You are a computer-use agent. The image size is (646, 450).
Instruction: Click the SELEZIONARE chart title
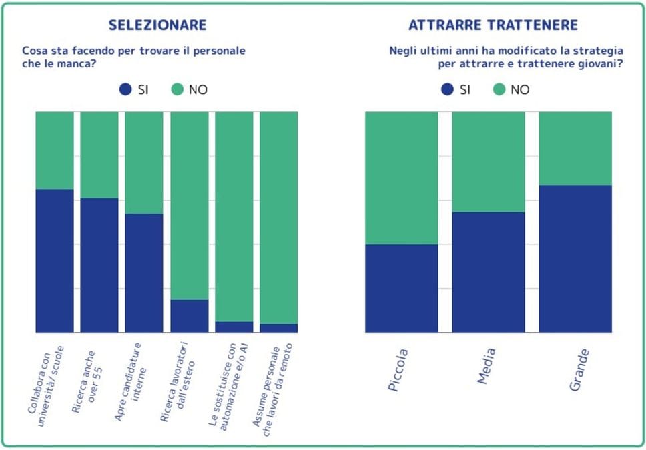157,25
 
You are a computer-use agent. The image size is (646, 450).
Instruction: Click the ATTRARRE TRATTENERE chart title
493,25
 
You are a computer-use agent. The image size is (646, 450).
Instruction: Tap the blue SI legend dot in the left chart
125,89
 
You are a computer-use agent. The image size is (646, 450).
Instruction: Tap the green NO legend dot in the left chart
176,89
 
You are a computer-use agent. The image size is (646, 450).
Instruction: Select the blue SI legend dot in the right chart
447,89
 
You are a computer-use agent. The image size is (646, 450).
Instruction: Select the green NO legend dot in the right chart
499,89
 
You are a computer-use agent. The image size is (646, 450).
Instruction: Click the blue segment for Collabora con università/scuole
55,260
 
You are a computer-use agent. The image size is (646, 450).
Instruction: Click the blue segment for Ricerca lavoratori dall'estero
189,316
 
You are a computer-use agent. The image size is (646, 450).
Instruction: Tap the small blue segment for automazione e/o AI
234,326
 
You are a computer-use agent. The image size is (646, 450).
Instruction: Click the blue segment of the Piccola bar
402,288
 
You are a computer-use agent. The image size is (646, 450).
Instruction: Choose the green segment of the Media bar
489,162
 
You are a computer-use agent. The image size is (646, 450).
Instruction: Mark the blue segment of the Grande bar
575,258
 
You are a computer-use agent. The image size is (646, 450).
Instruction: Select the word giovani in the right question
597,65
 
